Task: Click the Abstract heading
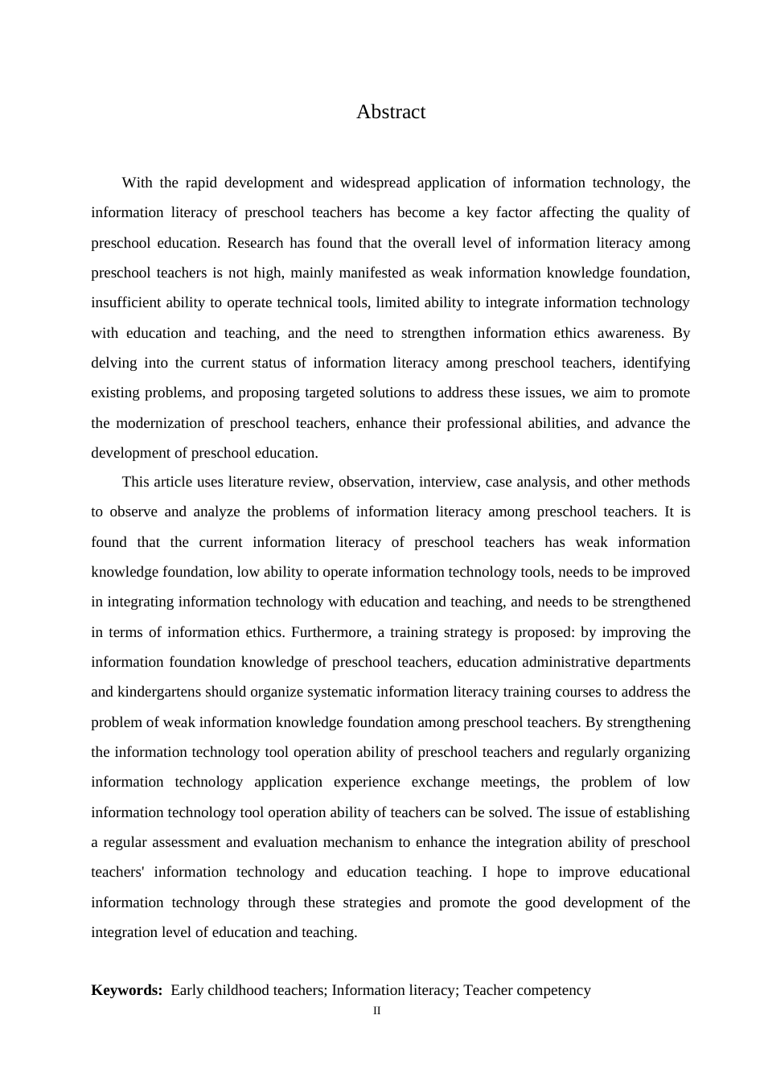click(x=391, y=112)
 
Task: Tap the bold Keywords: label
click(x=127, y=990)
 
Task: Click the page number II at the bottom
click(x=377, y=1011)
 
